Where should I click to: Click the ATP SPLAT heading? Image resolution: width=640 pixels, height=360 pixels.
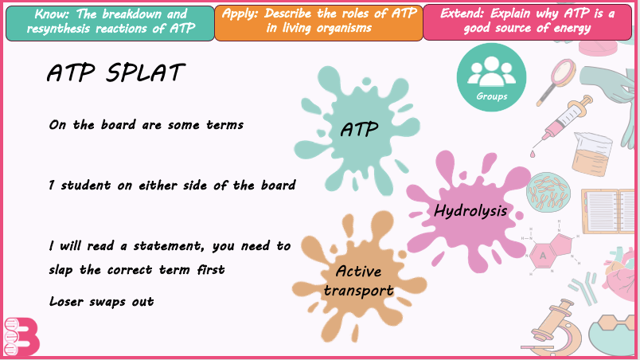tap(116, 73)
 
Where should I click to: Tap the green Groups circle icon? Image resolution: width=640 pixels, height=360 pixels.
tap(491, 77)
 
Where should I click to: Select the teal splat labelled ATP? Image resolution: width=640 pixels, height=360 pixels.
tap(357, 131)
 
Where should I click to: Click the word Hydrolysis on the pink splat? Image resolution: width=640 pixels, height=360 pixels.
tap(470, 211)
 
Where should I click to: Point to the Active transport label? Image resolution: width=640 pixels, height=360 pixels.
tap(359, 281)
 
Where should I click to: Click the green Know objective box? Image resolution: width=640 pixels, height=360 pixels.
tap(110, 23)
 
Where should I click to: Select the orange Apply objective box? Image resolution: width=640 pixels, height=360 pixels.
tap(318, 23)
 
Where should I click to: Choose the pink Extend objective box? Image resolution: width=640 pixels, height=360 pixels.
tap(527, 22)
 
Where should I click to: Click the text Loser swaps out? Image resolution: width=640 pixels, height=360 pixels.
tap(102, 302)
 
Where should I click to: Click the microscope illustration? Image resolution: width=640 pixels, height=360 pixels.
tap(555, 331)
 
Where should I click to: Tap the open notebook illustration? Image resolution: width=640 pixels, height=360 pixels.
tap(608, 211)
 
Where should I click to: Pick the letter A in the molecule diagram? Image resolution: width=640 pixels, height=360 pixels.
tap(542, 256)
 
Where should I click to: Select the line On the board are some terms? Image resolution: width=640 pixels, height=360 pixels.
tap(146, 124)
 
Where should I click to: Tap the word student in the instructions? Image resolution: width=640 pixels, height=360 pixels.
tap(86, 186)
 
